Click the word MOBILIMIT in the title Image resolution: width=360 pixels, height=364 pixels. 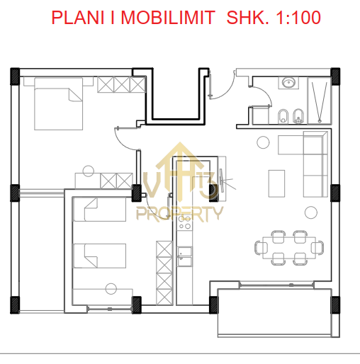click(x=168, y=18)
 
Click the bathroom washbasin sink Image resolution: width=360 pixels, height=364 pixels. click(x=288, y=83)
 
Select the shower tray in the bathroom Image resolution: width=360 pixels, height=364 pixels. click(x=320, y=101)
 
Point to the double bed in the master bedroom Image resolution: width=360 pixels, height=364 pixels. click(x=59, y=104)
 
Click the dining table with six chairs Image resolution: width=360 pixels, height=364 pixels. click(x=289, y=248)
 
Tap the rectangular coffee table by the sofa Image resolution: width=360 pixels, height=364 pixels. click(x=276, y=183)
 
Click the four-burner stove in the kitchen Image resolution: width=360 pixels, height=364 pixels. click(x=185, y=222)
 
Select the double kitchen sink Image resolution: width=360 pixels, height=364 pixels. click(x=185, y=256)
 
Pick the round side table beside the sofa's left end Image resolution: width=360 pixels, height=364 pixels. click(x=263, y=142)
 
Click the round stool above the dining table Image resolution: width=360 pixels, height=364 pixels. click(x=311, y=212)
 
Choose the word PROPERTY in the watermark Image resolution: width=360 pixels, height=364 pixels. click(x=180, y=214)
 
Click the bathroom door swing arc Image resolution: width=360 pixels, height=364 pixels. click(x=266, y=93)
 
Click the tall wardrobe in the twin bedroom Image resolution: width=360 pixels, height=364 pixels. click(x=164, y=273)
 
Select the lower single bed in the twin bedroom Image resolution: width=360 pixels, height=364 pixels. click(x=100, y=256)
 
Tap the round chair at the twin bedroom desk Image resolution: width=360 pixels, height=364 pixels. click(x=111, y=288)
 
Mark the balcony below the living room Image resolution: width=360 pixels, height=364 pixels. click(x=274, y=312)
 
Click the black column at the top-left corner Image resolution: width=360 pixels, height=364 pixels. click(x=15, y=76)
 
